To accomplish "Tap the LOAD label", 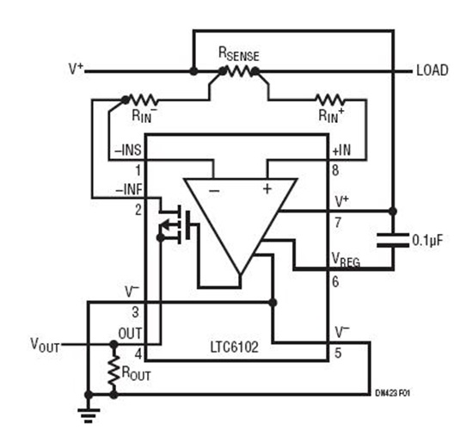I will [432, 71].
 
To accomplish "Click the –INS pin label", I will [129, 151].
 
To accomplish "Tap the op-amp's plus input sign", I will [267, 187].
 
